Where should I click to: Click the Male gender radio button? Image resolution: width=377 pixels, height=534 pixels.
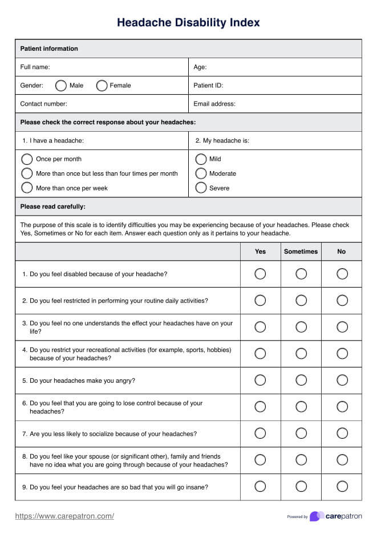pyautogui.click(x=60, y=86)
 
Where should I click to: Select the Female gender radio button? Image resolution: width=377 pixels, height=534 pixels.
pyautogui.click(x=102, y=86)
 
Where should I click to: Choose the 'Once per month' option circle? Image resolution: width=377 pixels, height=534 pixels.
pyautogui.click(x=26, y=159)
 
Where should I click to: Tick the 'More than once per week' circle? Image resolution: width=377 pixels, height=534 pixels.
pyautogui.click(x=26, y=188)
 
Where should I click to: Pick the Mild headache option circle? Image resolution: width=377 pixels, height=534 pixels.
pyautogui.click(x=201, y=159)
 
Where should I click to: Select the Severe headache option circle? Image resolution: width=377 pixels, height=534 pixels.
pyautogui.click(x=201, y=188)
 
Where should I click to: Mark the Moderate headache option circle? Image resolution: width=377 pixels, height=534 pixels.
pyautogui.click(x=201, y=173)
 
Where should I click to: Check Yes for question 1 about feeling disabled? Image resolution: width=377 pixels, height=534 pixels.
pyautogui.click(x=260, y=274)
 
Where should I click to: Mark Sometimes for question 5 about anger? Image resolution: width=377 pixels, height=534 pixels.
pyautogui.click(x=301, y=380)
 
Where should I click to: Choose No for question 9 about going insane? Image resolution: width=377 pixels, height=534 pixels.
pyautogui.click(x=342, y=486)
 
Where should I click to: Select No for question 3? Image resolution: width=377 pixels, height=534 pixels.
pyautogui.click(x=342, y=327)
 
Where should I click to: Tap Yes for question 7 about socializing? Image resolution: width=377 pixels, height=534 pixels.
pyautogui.click(x=260, y=433)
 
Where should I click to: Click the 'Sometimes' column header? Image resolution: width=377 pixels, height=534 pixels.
pyautogui.click(x=301, y=252)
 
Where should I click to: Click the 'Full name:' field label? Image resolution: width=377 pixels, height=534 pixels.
pyautogui.click(x=35, y=67)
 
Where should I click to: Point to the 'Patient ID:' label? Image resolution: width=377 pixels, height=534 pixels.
pyautogui.click(x=208, y=86)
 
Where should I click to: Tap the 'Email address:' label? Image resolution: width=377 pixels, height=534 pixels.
pyautogui.click(x=214, y=104)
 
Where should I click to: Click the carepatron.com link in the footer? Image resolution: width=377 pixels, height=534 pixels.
pyautogui.click(x=64, y=516)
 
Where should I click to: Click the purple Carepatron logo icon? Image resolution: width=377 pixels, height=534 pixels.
pyautogui.click(x=317, y=516)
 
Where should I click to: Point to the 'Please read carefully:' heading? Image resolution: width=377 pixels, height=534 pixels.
pyautogui.click(x=52, y=207)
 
